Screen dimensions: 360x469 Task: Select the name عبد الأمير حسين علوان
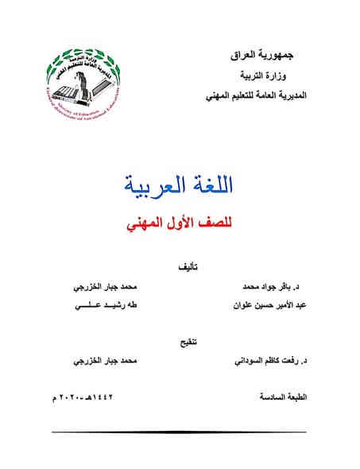click(x=256, y=304)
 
